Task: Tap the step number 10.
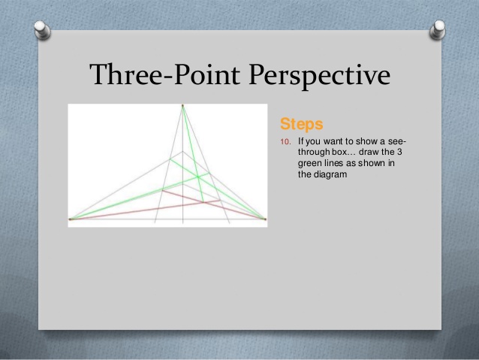point(285,141)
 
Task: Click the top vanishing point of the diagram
point(182,106)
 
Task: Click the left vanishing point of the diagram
point(71,219)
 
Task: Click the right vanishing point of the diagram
point(265,219)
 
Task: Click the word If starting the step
point(301,141)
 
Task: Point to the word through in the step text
point(312,152)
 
